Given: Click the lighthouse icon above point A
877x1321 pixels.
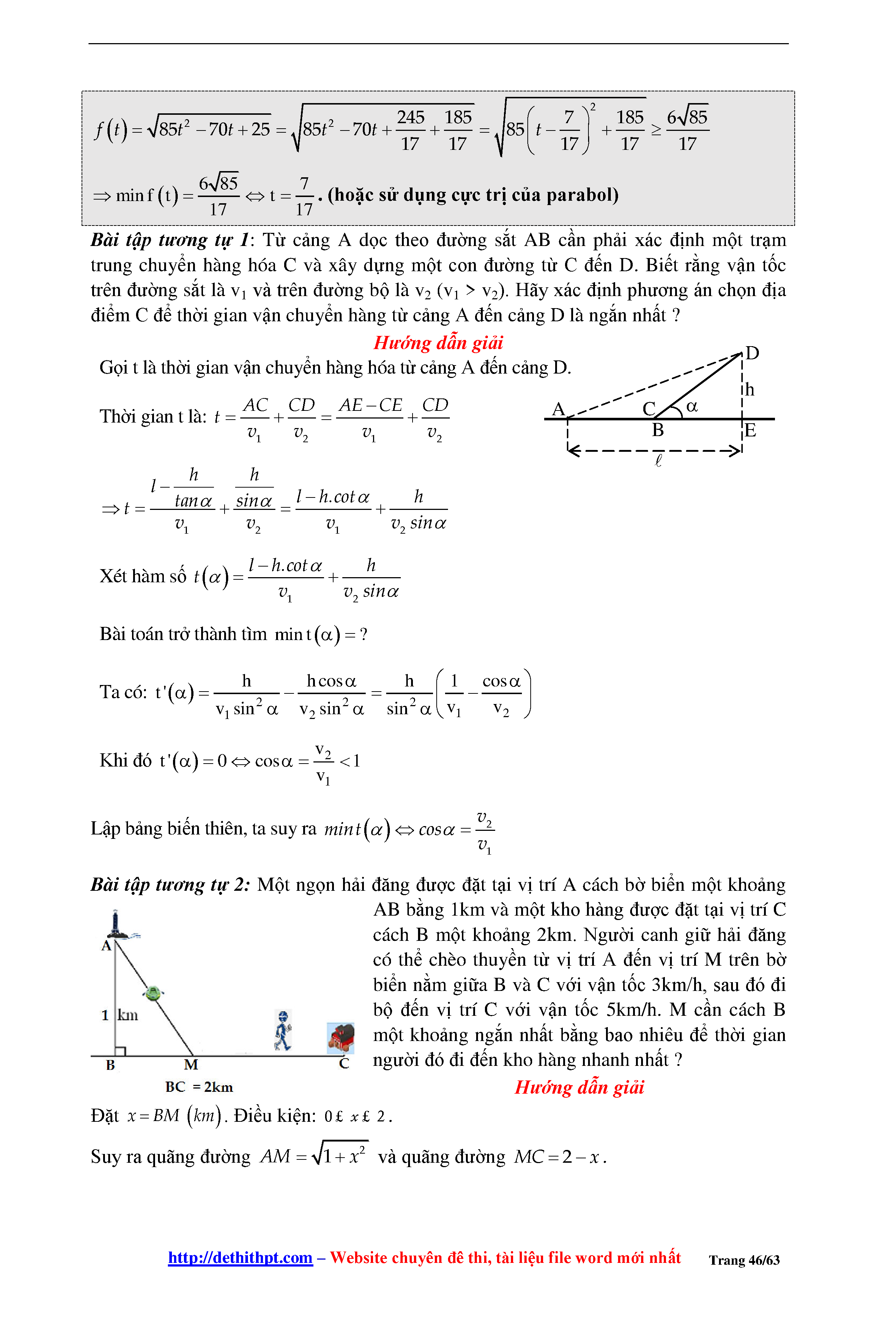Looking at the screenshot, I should pyautogui.click(x=116, y=925).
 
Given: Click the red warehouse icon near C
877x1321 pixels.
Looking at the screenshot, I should pyautogui.click(x=340, y=1038).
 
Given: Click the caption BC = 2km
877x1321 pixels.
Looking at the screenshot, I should pyautogui.click(x=199, y=1087).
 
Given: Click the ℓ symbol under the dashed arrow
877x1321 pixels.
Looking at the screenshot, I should pyautogui.click(x=658, y=461).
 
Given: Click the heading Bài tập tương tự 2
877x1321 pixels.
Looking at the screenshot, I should pyautogui.click(x=169, y=885).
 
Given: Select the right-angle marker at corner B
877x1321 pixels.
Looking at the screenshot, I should pyautogui.click(x=120, y=1051).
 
